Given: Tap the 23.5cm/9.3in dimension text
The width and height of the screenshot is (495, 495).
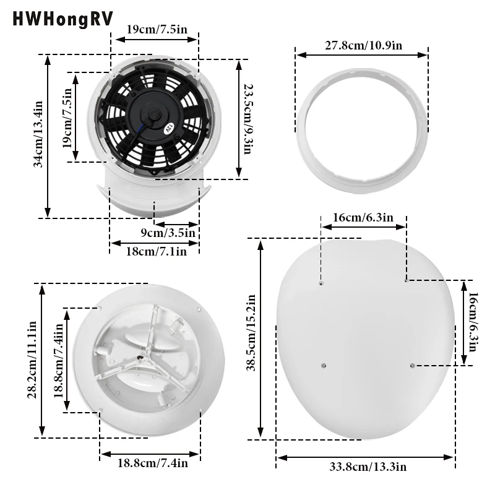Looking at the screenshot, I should [246, 119].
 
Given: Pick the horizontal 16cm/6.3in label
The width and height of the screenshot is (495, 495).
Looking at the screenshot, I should [363, 217].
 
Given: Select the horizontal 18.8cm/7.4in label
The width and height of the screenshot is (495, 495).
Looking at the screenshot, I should [150, 462].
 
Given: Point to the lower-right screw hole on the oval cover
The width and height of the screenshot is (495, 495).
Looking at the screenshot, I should [411, 366].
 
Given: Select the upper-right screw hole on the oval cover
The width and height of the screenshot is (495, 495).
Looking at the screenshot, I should [405, 280].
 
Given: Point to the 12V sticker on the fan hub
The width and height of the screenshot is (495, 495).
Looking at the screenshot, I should [167, 129].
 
